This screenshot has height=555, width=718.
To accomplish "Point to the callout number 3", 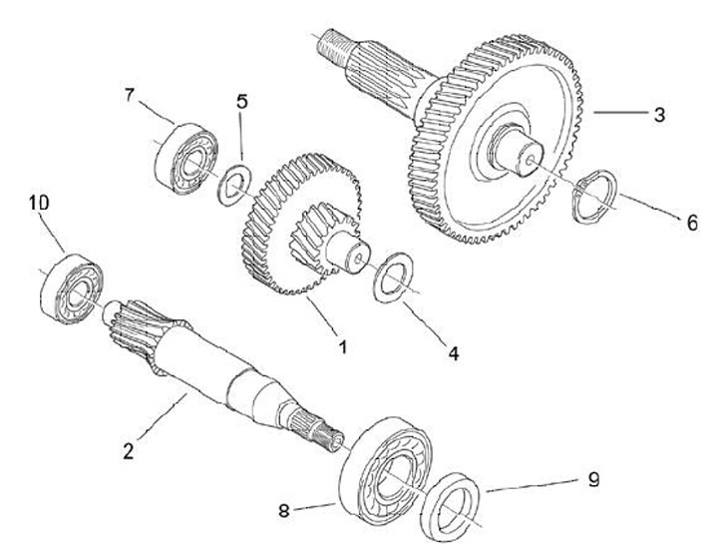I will (658, 114).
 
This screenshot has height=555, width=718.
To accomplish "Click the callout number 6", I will (691, 224).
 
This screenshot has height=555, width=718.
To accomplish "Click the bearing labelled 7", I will (184, 154).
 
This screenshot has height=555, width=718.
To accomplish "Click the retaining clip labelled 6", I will (595, 196).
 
